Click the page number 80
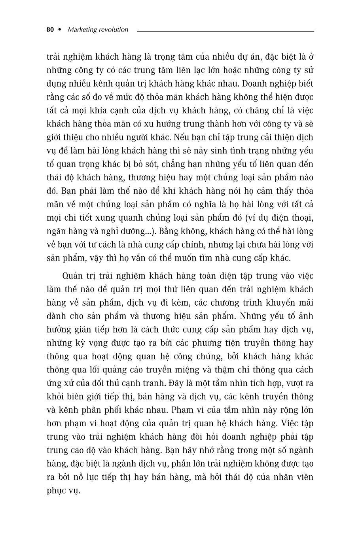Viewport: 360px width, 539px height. tap(50, 30)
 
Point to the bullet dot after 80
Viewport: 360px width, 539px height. tap(60, 30)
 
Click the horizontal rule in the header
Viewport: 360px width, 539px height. tap(225, 31)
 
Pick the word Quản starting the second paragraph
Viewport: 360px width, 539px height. tap(72, 276)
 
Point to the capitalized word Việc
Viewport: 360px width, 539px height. tap(291, 423)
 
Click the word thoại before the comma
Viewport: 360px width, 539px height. tap(301, 218)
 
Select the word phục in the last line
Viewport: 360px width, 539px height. tap(57, 490)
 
